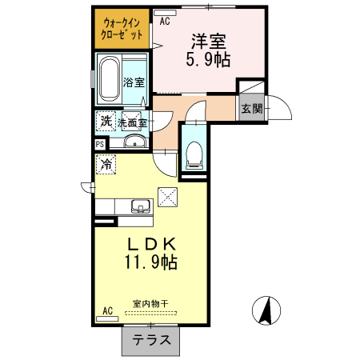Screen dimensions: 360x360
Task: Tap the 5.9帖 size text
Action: [x=210, y=59]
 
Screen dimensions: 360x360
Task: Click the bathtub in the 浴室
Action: [x=110, y=79]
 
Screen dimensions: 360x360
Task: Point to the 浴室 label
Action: [x=134, y=82]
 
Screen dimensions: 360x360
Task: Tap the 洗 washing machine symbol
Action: [x=106, y=121]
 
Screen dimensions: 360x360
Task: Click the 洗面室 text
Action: [x=133, y=122]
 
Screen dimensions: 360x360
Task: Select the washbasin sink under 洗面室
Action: [x=135, y=143]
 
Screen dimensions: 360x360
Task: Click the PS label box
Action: [x=100, y=145]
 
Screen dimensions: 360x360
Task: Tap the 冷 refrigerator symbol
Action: [x=106, y=164]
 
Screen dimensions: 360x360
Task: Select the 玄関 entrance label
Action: [x=252, y=109]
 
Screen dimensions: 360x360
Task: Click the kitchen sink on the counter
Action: [x=141, y=207]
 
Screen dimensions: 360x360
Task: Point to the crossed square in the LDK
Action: [x=169, y=195]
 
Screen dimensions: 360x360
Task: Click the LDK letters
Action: [x=150, y=244]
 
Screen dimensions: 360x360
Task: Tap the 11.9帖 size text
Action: [x=150, y=262]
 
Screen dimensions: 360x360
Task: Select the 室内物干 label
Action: [x=150, y=303]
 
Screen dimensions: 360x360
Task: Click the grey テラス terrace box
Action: [x=150, y=340]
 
